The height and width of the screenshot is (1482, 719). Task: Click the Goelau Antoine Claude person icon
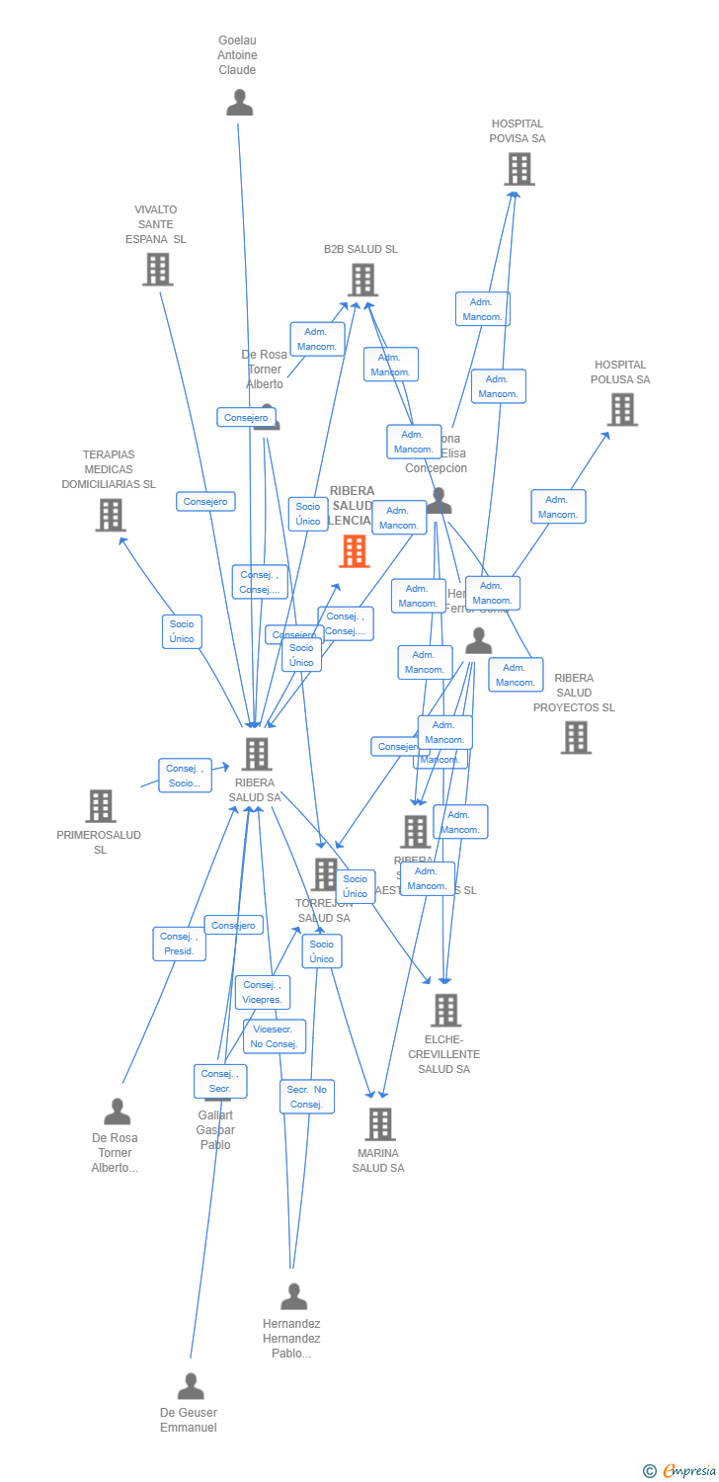pos(239,103)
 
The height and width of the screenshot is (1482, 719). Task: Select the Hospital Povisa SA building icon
pos(519,169)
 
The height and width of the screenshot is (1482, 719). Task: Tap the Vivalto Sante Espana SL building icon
pos(158,269)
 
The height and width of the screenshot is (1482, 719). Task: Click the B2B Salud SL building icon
pos(362,280)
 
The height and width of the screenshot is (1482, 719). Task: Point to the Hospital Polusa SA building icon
pos(621,409)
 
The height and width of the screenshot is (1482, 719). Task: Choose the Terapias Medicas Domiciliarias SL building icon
pos(111,515)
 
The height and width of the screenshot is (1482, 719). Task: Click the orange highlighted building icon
pos(354,551)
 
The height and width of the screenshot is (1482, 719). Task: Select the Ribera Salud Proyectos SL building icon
pos(576,737)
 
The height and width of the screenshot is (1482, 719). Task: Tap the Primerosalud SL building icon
pos(100,806)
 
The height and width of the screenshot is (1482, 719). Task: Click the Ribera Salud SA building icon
pos(256,754)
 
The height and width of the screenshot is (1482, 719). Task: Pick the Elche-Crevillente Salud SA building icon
pos(445,1010)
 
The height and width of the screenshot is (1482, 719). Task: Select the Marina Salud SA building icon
pos(379,1124)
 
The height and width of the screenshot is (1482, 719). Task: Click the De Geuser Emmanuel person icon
pos(191,1386)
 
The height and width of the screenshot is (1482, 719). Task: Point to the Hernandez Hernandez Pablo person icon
pos(293,1296)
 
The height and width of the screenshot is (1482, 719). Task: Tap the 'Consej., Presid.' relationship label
pos(179,944)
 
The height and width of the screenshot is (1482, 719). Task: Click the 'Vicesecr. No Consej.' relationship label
pos(274,1036)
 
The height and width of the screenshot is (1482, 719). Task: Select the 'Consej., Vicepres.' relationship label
pos(262,992)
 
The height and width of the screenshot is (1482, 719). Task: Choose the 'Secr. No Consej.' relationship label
pos(306,1097)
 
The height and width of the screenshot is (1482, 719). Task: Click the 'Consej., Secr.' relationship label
pos(219,1081)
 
